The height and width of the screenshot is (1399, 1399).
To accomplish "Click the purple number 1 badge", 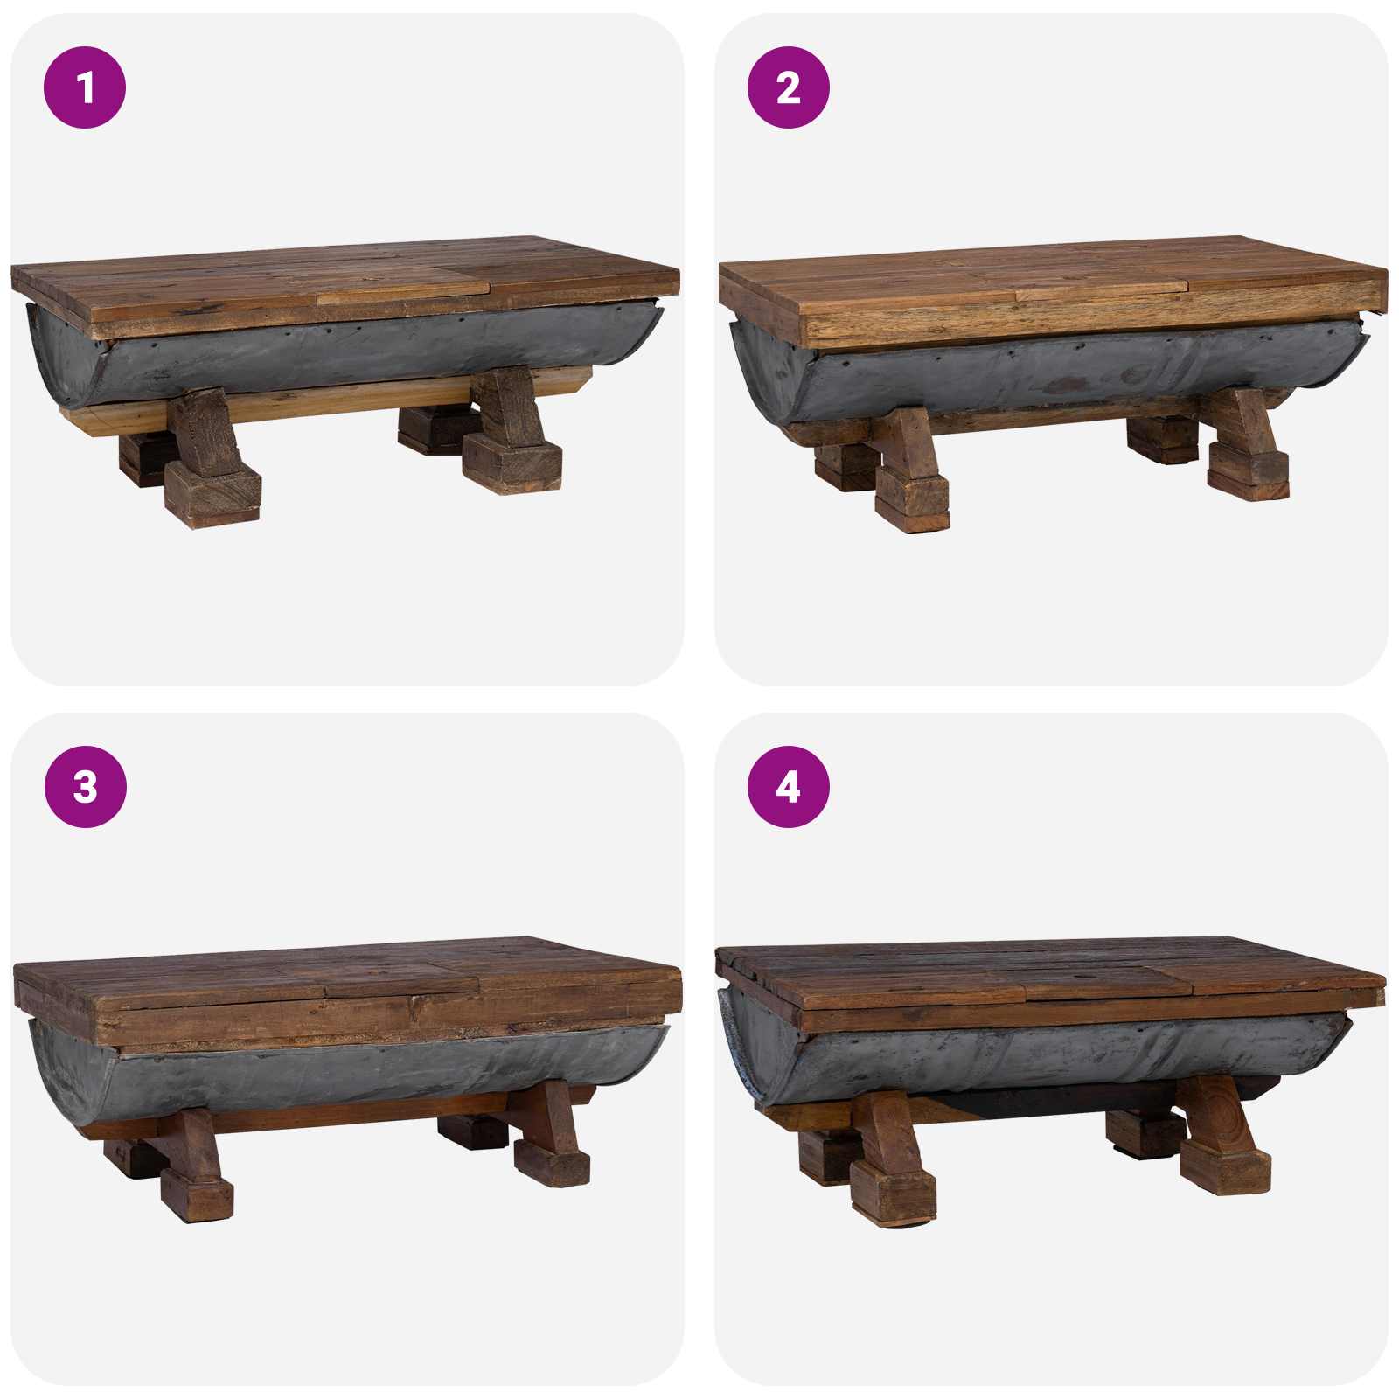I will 85,87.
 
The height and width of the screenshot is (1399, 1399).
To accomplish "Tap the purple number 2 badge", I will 788,87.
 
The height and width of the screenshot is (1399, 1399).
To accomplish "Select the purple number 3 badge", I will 85,787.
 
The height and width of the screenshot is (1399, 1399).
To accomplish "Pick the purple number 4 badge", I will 788,787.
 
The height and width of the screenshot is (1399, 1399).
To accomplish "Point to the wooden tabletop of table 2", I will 1049,275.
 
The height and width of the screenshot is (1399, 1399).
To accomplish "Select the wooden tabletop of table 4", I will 1049,975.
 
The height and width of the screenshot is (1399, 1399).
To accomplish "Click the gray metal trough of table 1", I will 350,350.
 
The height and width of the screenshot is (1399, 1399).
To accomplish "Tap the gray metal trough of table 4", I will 1049,1058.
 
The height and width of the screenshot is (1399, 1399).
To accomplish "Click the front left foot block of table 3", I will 197,1194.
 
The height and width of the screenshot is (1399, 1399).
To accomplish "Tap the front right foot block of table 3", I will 551,1163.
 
